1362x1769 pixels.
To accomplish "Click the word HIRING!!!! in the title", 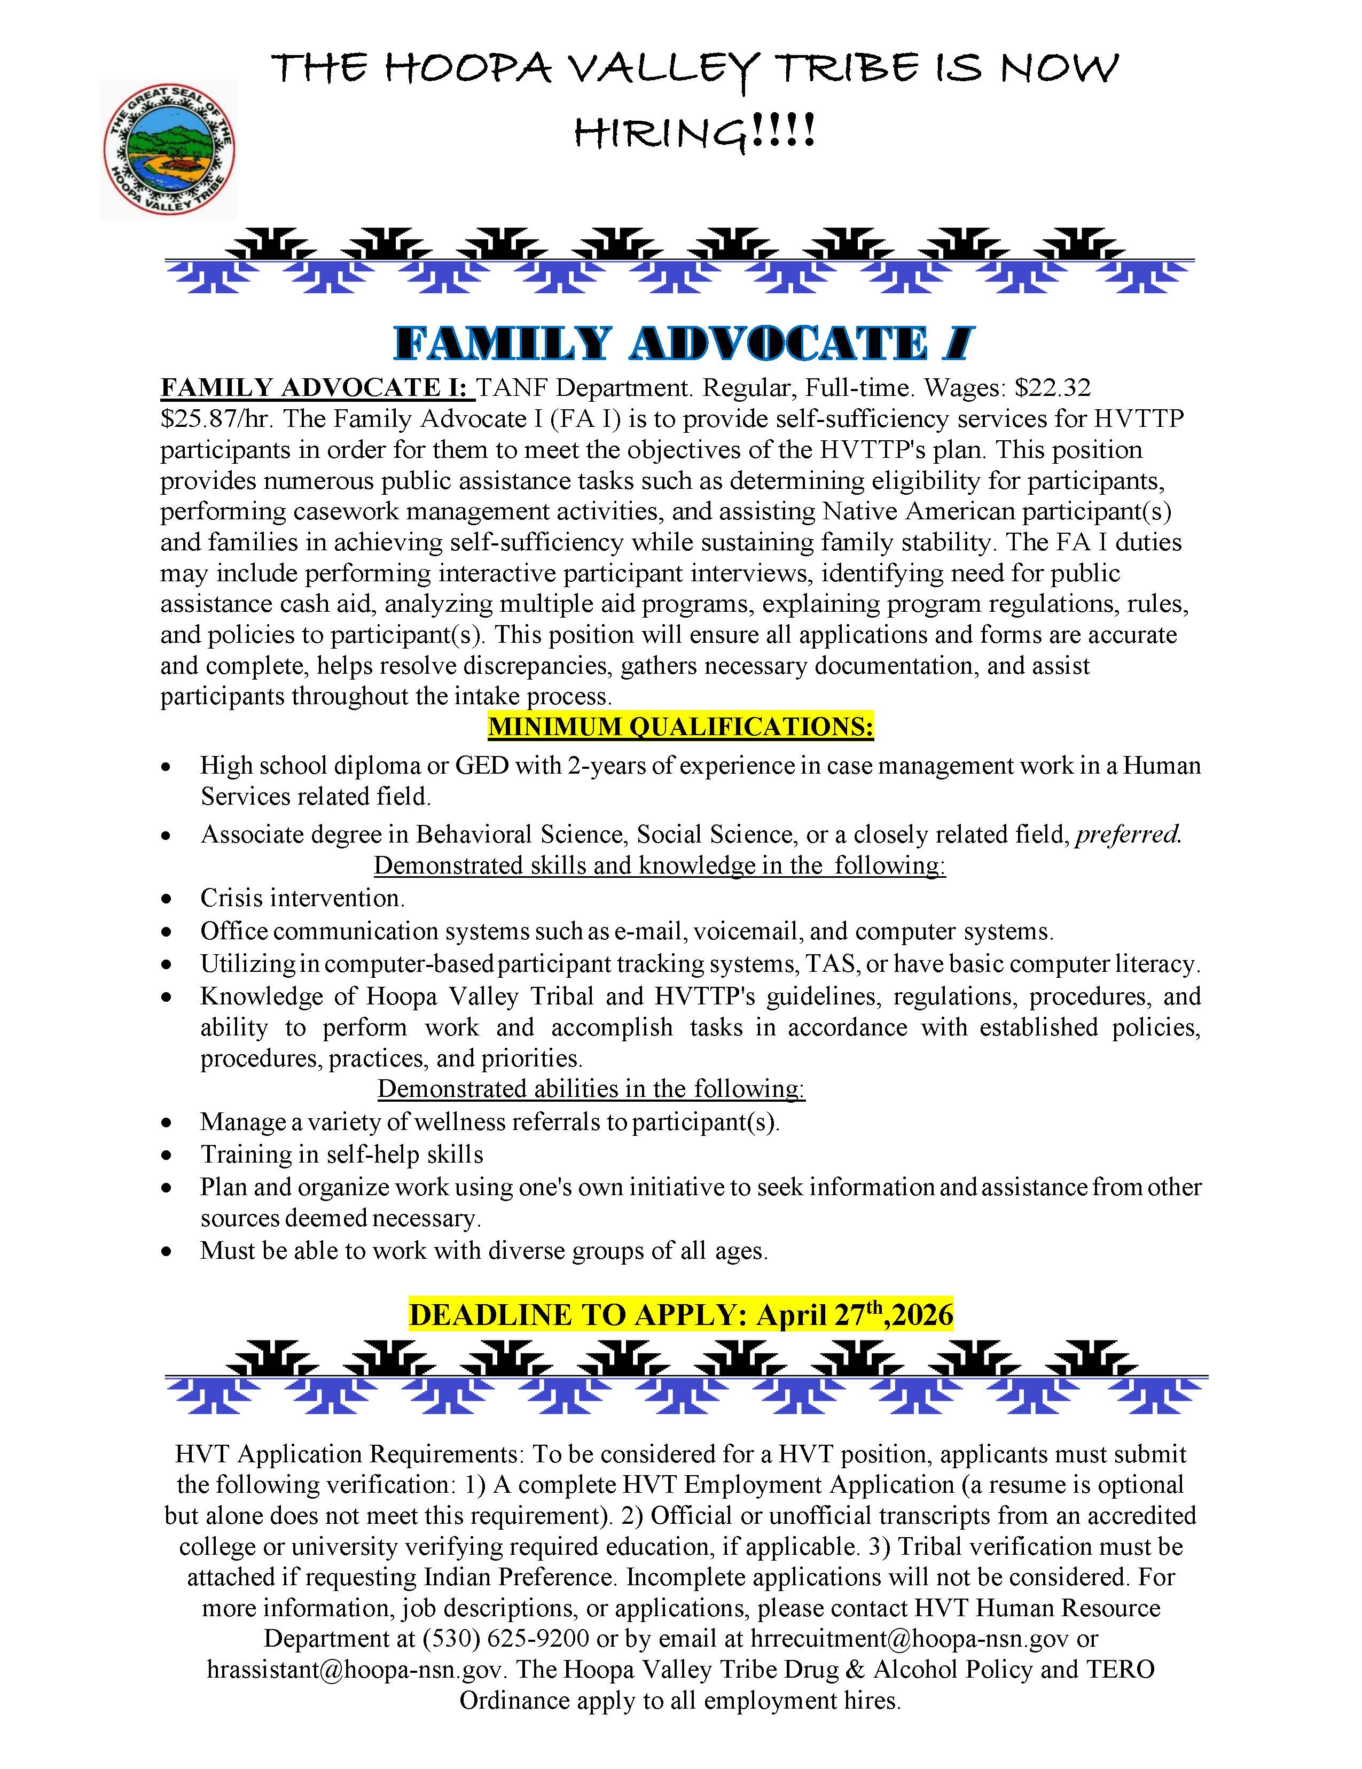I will point(694,131).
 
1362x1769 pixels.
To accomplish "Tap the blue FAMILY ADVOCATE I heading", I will point(683,344).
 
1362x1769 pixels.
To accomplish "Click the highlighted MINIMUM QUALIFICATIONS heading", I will point(680,727).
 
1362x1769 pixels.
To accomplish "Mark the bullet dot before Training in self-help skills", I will point(167,1155).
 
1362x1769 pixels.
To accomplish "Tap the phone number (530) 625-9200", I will point(505,1638).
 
